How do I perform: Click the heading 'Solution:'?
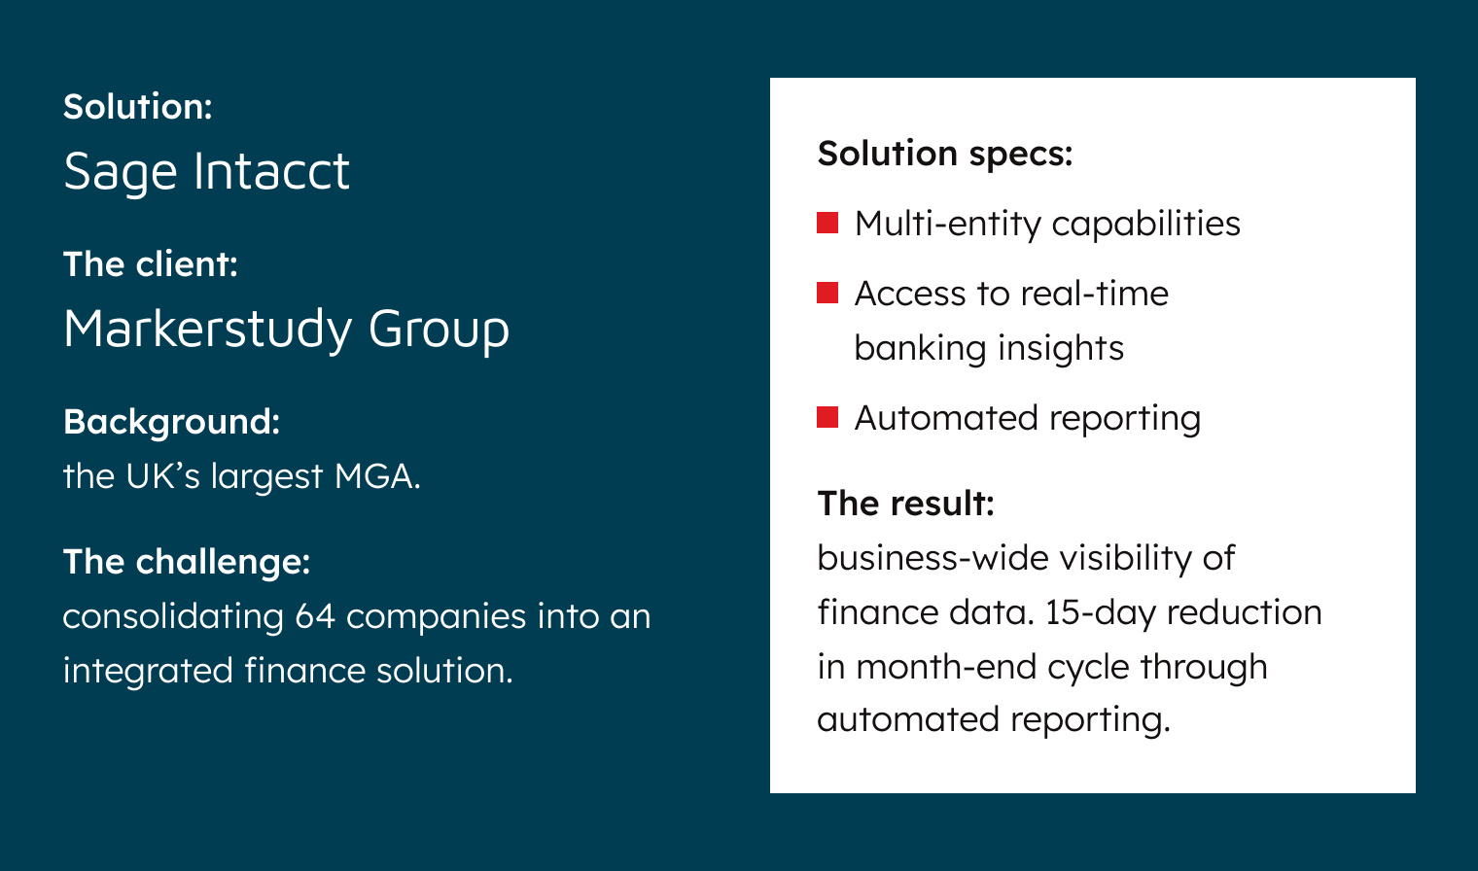[137, 107]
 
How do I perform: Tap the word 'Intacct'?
[271, 171]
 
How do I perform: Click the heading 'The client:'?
[150, 264]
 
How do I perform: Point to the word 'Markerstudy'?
[206, 330]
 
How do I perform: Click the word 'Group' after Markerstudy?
[439, 331]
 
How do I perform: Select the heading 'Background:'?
[171, 422]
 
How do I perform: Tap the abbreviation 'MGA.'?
[377, 476]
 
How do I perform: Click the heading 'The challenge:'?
[187, 562]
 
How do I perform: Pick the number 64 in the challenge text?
[315, 616]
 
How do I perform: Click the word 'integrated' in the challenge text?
[148, 671]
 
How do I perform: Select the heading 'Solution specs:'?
[944, 154]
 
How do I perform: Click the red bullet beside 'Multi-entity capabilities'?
[827, 223]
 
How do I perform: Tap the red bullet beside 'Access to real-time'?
[827, 293]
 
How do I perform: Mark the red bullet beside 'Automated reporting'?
[827, 417]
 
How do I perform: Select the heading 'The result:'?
[905, 504]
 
